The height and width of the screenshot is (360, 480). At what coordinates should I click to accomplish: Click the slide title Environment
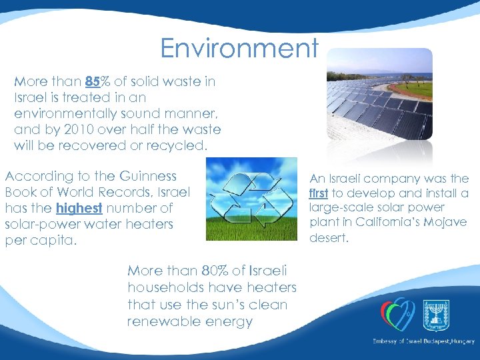[239, 48]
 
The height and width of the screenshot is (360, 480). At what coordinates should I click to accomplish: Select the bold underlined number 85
[93, 82]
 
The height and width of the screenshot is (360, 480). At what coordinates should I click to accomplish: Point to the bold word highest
[79, 209]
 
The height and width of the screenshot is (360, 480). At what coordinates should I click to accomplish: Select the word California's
[389, 222]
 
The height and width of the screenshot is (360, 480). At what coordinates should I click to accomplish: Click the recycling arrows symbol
[251, 199]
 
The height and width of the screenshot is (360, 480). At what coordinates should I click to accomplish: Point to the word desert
[329, 237]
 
